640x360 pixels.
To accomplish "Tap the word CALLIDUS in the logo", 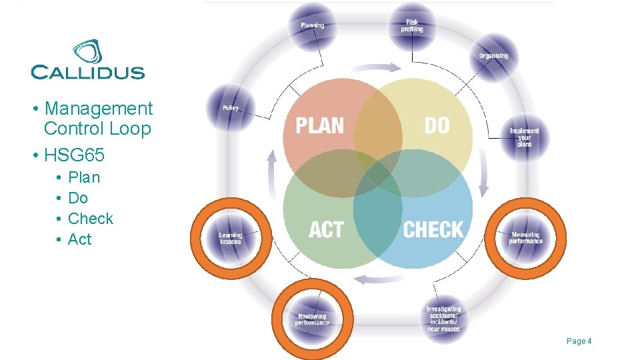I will pos(87,72).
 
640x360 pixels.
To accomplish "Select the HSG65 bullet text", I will pos(74,155).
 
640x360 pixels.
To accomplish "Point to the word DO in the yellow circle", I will pos(437,125).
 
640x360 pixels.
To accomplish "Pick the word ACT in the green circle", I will pos(325,230).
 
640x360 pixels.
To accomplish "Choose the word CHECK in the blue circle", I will pos(433,230).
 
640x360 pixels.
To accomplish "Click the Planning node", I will pos(313,27).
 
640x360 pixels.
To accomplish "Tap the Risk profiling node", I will pos(411,27).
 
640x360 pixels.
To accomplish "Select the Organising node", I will pos(493,56).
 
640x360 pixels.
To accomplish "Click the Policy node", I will pos(230,108).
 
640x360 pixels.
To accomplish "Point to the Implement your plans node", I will pos(524,137).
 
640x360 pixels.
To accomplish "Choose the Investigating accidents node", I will pos(443,319).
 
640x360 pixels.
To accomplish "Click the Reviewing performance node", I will pos(312,320).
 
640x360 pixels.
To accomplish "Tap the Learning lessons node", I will pos(231,238).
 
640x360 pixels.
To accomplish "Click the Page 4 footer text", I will pos(579,341).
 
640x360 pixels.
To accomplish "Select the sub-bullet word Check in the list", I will pos(91,219).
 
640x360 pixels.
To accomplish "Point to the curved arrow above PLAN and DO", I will pos(376,68).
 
